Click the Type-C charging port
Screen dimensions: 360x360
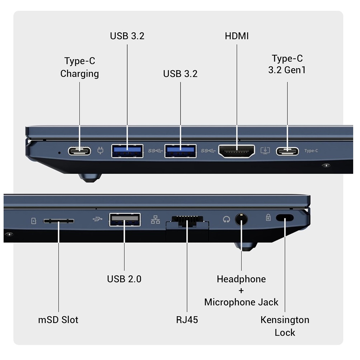[x=79, y=151]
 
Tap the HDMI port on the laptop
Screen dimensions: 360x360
[x=237, y=151]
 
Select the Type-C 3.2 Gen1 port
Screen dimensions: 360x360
[x=287, y=151]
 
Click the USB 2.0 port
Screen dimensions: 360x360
[x=125, y=220]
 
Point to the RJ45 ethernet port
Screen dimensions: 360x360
[x=187, y=221]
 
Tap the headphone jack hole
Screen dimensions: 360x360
[x=241, y=219]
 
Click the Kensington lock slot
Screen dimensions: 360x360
[x=285, y=218]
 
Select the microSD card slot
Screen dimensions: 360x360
[x=59, y=221]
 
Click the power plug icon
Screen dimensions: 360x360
[x=100, y=150]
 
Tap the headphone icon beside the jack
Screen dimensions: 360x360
[x=226, y=220]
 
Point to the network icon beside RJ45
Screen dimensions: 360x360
[x=155, y=220]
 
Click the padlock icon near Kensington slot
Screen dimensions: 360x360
[x=268, y=217]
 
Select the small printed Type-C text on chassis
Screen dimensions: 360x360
[x=311, y=151]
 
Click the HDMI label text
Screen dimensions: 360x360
[x=237, y=36]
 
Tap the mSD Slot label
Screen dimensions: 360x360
[x=58, y=320]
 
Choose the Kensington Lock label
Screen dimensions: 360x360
[x=285, y=326]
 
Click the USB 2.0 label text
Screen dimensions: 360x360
[x=124, y=279]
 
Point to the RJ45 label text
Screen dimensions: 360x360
[x=187, y=320]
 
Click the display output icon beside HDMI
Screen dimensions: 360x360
[x=265, y=151]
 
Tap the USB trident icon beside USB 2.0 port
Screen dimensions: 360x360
[x=98, y=219]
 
